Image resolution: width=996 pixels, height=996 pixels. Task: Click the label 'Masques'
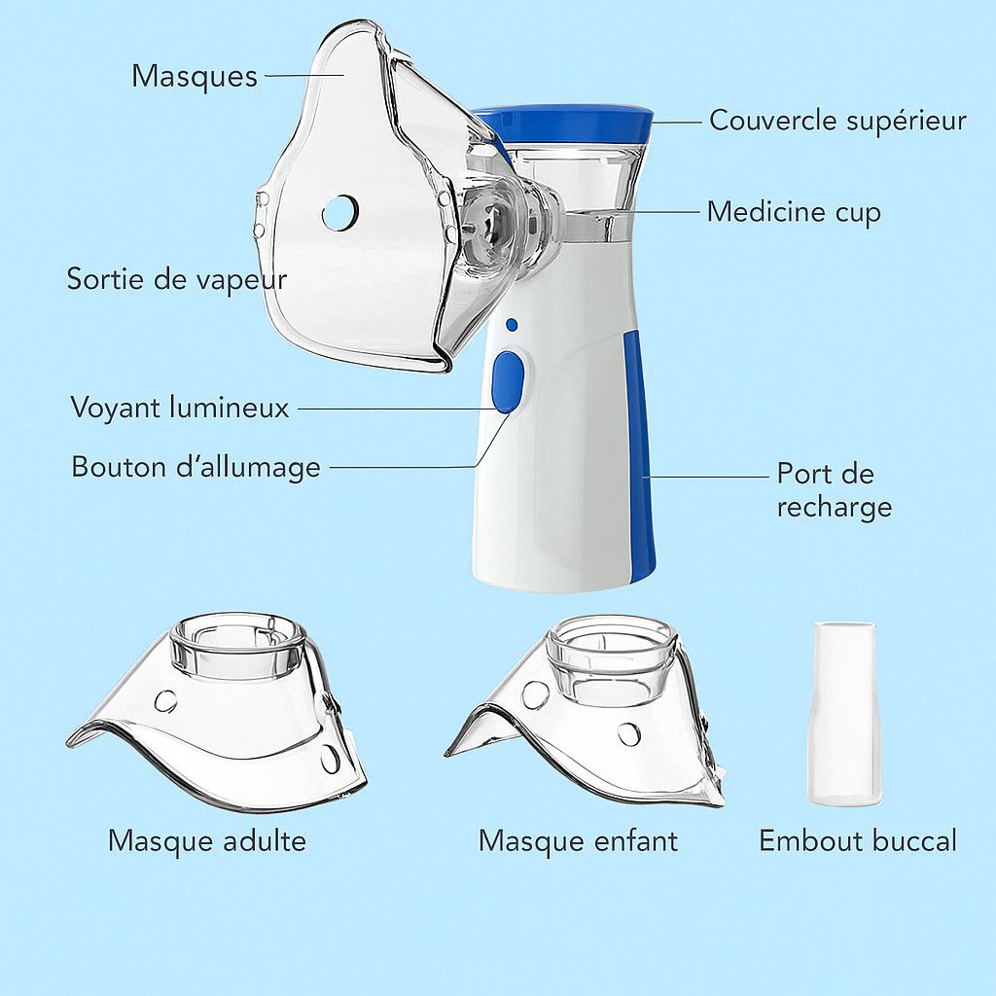coord(195,76)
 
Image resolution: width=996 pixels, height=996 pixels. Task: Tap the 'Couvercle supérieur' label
coord(837,120)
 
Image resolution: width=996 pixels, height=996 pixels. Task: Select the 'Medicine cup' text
coord(794,211)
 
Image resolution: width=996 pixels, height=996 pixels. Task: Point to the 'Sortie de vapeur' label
coord(177,279)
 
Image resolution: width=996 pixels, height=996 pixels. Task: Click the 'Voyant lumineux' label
coord(180,408)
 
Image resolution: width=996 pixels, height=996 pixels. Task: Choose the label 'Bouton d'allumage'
coord(196,467)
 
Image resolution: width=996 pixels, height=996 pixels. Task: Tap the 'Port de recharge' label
coord(834,490)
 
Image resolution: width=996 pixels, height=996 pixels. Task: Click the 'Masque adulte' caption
coord(207,841)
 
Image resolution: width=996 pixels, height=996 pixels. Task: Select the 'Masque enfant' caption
coord(578,841)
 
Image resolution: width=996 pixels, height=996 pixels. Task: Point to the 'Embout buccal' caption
coord(858,841)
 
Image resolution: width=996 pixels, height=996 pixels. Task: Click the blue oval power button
coord(509,382)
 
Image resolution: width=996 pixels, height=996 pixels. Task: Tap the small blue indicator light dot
coord(512,325)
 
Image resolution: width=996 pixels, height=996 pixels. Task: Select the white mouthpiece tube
coord(845,714)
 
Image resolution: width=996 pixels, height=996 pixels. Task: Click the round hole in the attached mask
coord(340,212)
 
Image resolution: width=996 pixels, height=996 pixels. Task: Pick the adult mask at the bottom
coord(216,711)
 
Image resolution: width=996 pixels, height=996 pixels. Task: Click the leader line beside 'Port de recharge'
coord(706,477)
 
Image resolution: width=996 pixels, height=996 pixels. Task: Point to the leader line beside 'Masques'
coord(304,75)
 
